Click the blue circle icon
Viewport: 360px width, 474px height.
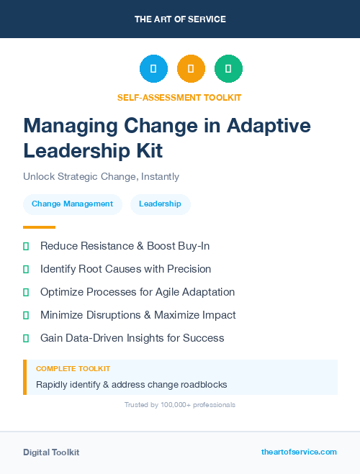coord(153,68)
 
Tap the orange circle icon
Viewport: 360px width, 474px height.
coord(191,68)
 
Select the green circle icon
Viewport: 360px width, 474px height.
coord(228,68)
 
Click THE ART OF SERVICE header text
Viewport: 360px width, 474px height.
coord(180,19)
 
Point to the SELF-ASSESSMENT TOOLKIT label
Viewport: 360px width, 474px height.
coord(179,97)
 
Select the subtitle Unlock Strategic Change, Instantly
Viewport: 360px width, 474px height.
coord(101,176)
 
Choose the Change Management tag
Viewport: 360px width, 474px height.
coord(72,204)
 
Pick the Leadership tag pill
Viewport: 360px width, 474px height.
coord(160,204)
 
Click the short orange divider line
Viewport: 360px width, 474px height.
coord(39,227)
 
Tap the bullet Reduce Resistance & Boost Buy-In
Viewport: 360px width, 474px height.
coord(125,246)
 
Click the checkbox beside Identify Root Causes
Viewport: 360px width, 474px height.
coord(26,269)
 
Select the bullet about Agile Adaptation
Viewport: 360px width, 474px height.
coord(138,292)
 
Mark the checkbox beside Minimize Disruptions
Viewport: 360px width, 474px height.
coord(26,315)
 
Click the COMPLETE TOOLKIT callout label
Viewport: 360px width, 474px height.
coord(73,368)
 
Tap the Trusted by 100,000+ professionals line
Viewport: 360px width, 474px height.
coord(180,405)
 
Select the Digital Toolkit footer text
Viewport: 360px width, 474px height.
coord(51,452)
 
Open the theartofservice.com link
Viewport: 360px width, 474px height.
coord(299,452)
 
